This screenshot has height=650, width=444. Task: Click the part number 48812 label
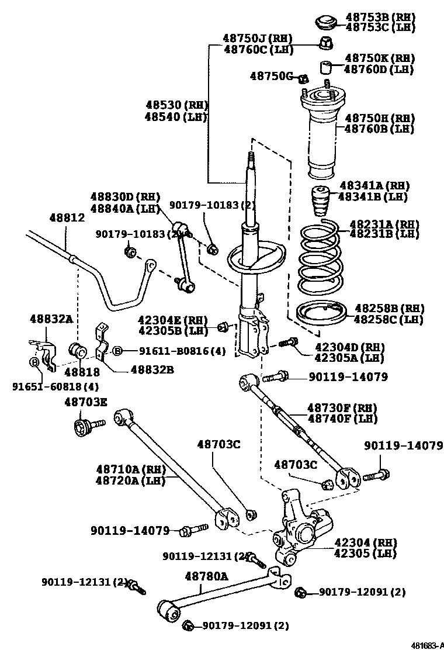pos(66,218)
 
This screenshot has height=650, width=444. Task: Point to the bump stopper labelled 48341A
pos(319,202)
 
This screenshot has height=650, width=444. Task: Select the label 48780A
pos(206,576)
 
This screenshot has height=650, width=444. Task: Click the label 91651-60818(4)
pos(55,386)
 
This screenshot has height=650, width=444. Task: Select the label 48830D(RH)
pos(124,197)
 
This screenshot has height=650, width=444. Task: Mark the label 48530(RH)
pos(176,105)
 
